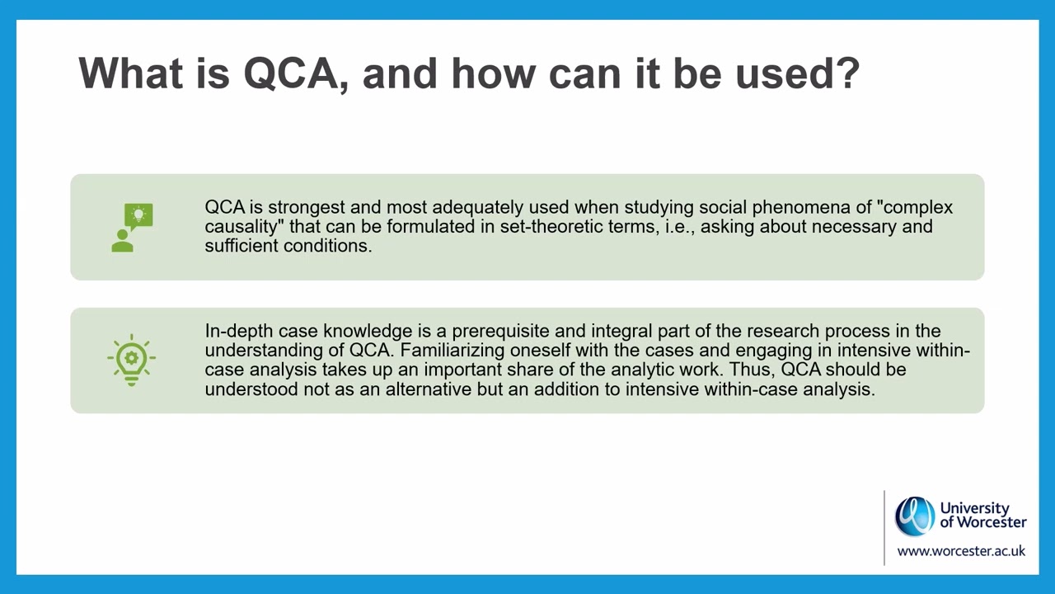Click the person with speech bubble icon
[x=132, y=227]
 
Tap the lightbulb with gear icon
[x=132, y=361]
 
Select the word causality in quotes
[x=243, y=226]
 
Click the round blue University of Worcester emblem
[x=915, y=516]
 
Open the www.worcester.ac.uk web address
[x=961, y=550]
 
